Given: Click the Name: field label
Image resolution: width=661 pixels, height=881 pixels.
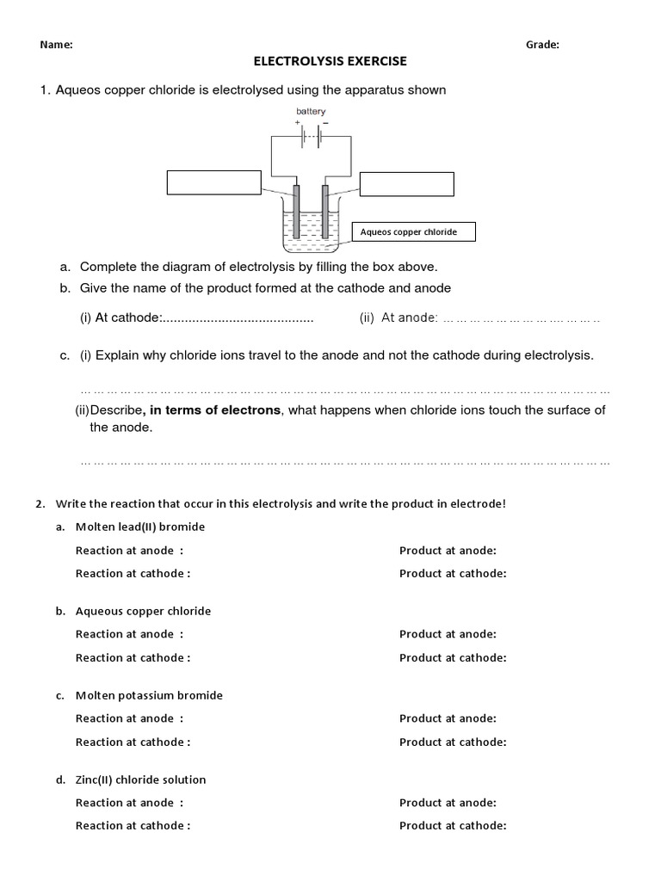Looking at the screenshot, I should tap(56, 46).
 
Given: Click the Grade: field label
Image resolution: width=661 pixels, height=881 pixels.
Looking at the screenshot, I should tap(542, 46).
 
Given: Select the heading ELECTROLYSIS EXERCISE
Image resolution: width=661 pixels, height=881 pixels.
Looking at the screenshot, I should tap(329, 62).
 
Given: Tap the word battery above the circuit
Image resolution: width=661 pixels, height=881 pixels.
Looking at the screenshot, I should tap(311, 111).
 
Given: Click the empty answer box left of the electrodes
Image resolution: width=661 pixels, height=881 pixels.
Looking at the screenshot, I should tap(213, 183).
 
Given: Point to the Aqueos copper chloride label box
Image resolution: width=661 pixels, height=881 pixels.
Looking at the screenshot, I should tap(414, 232).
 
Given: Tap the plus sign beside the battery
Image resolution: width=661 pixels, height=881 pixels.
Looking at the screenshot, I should tap(297, 122).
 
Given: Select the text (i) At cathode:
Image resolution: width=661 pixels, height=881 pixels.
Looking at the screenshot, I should tap(121, 318).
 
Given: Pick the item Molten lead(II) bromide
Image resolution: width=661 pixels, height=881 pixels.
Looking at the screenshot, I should tap(140, 527).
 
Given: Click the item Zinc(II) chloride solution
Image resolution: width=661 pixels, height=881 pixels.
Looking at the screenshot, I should tap(141, 779).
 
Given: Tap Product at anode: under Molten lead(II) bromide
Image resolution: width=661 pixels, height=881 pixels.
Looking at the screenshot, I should tap(448, 551).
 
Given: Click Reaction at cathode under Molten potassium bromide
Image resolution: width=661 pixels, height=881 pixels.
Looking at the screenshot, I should tap(133, 742).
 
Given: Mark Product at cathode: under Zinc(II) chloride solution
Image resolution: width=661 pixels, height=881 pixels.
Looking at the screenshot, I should tap(453, 826).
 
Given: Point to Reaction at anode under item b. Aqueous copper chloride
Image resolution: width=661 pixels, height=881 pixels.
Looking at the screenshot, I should tap(129, 634).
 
